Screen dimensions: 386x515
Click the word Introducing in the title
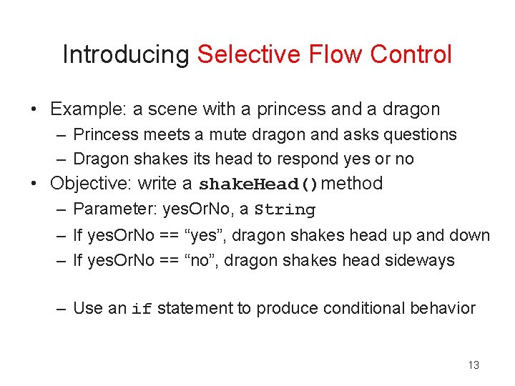(x=126, y=55)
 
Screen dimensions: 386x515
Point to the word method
(x=353, y=184)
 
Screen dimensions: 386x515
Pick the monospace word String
(x=285, y=210)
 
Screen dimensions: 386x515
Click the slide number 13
(x=473, y=365)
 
